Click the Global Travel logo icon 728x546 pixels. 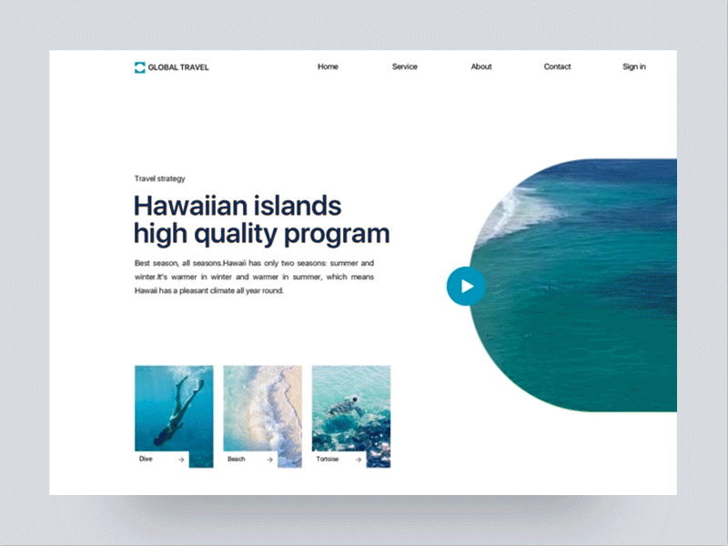pos(139,66)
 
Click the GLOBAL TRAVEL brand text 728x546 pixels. pos(177,66)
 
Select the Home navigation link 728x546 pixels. pos(328,66)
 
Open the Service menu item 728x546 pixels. pos(405,66)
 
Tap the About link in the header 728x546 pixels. pos(481,66)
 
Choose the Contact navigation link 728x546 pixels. pos(557,66)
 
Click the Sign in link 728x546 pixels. pos(634,66)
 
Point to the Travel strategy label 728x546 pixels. pos(159,178)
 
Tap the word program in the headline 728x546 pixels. pos(336,234)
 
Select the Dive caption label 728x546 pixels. pos(146,460)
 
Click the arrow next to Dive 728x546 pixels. pos(182,460)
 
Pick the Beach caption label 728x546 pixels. pos(236,460)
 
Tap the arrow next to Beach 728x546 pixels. pos(270,460)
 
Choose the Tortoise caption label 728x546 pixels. pos(328,460)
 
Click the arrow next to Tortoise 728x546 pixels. pos(359,460)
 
